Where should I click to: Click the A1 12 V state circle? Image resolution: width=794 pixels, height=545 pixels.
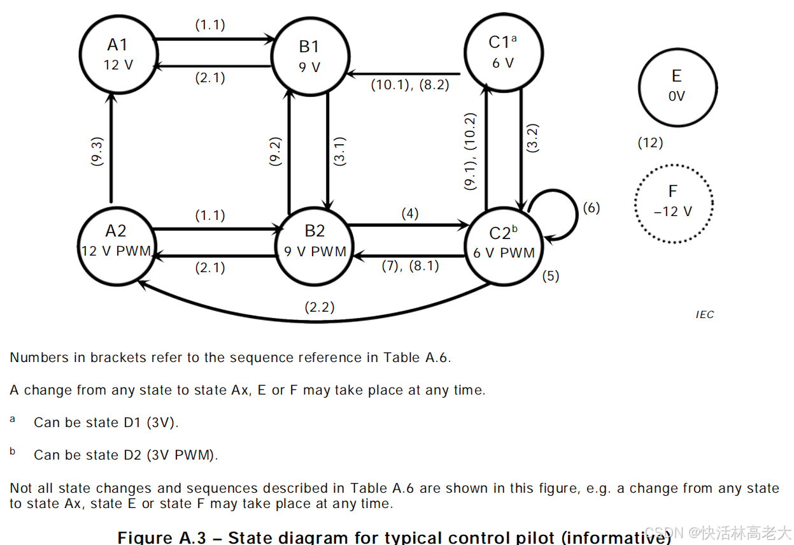click(x=118, y=54)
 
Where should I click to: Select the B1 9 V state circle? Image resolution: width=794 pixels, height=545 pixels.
click(x=309, y=56)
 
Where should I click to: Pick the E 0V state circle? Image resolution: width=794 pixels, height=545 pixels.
click(x=677, y=86)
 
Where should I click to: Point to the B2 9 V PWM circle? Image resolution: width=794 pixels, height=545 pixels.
click(x=315, y=242)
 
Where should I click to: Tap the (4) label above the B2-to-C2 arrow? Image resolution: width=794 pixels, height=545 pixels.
click(x=410, y=214)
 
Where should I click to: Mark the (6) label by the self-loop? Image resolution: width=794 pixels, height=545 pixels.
click(x=592, y=208)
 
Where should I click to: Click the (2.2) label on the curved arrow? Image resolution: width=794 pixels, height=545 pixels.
click(x=320, y=307)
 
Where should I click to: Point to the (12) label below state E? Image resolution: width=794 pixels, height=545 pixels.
click(x=650, y=143)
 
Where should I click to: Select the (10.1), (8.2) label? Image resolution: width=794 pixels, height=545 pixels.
click(x=411, y=85)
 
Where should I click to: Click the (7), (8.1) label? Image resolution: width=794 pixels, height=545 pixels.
click(x=410, y=266)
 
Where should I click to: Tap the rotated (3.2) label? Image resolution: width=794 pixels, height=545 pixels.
click(x=534, y=137)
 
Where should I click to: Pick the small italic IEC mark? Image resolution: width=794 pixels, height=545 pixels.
click(x=705, y=314)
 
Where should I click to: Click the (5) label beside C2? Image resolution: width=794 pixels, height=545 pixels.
click(x=550, y=276)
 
